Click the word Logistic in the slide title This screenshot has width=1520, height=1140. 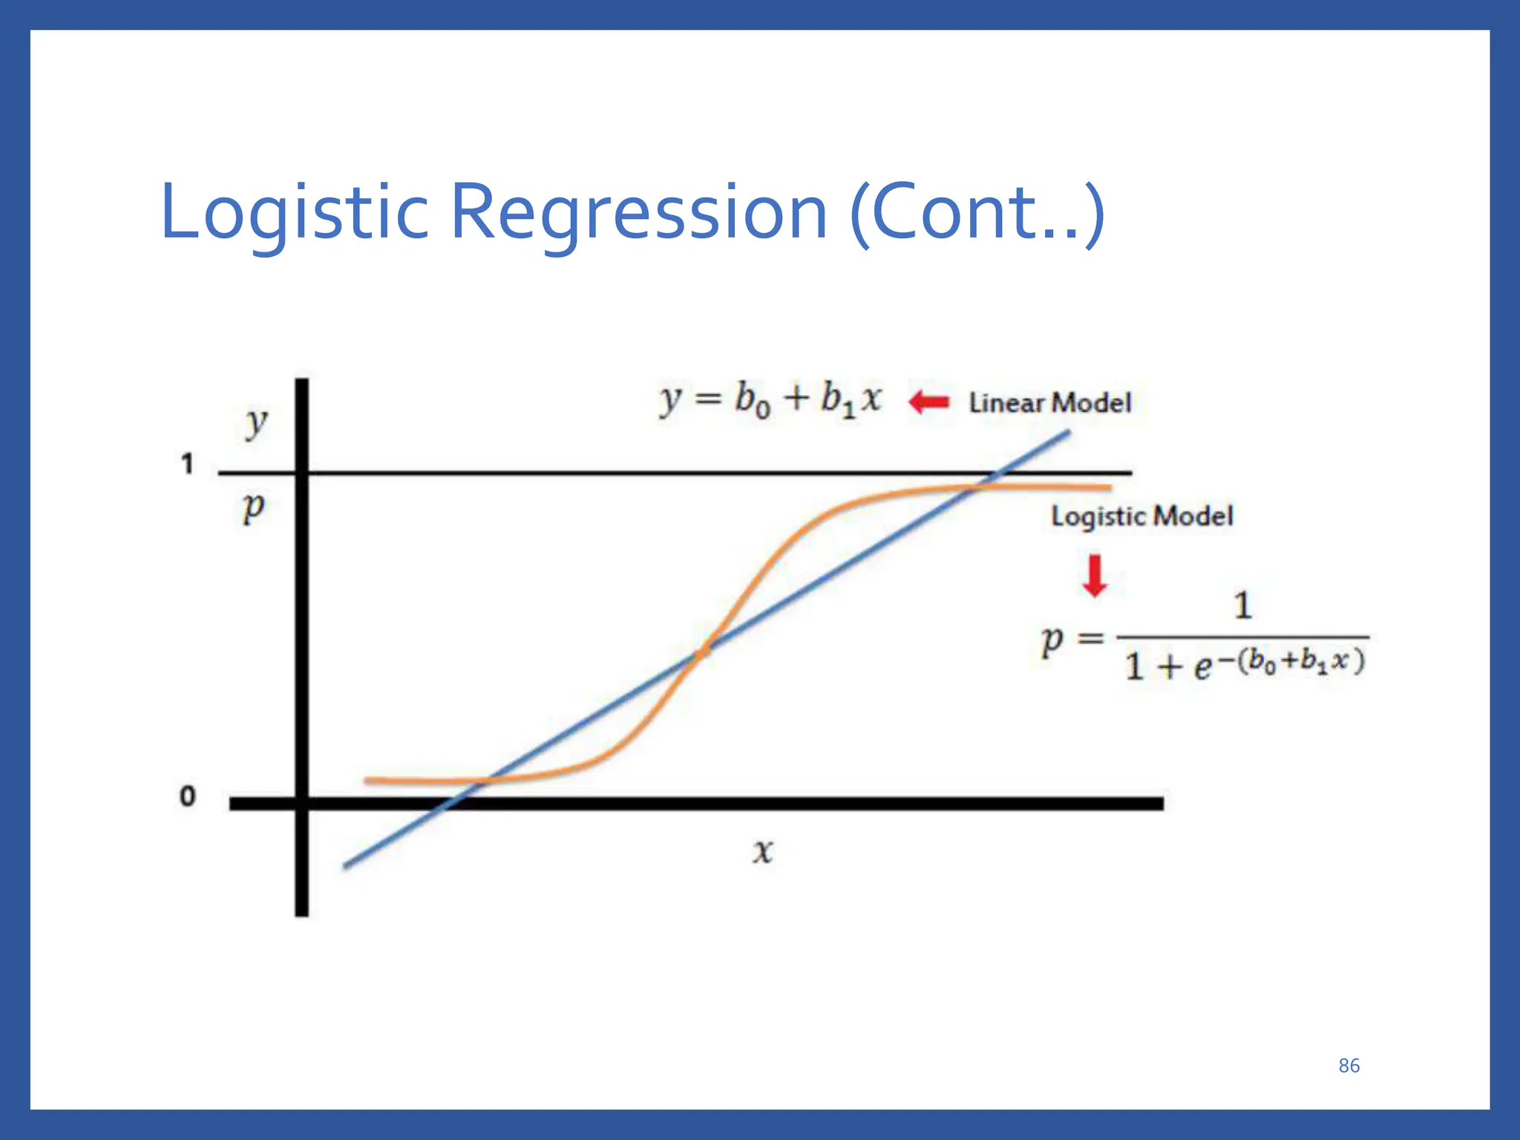click(294, 213)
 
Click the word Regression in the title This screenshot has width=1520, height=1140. click(638, 213)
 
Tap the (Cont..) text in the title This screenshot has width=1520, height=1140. click(977, 213)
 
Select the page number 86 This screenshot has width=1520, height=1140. click(1349, 1066)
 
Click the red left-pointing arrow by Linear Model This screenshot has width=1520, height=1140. click(929, 402)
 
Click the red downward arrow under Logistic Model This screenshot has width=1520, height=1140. click(1095, 576)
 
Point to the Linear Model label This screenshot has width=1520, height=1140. click(1049, 403)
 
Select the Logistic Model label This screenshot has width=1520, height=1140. click(1141, 516)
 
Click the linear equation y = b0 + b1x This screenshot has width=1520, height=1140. click(770, 399)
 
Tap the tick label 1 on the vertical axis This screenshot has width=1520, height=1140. click(187, 465)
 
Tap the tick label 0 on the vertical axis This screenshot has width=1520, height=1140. click(188, 796)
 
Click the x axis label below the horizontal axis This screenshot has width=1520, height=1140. click(762, 851)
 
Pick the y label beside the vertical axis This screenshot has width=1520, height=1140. click(256, 423)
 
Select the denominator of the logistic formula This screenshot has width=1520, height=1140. click(1244, 664)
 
